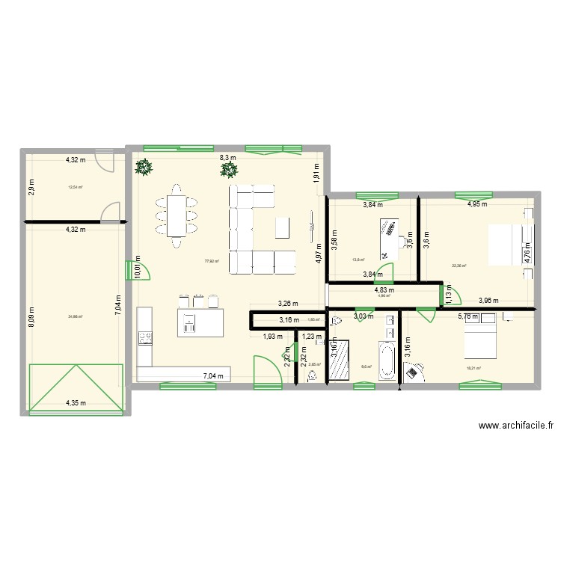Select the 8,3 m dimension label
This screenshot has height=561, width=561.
(227, 157)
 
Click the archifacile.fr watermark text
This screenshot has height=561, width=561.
(516, 426)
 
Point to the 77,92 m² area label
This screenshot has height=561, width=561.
(212, 261)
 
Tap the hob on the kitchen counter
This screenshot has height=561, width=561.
(143, 337)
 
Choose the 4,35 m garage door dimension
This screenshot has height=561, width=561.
(75, 403)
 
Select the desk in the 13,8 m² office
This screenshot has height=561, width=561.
(390, 232)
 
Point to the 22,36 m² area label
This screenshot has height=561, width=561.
(459, 265)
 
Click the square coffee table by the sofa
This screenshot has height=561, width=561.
(282, 227)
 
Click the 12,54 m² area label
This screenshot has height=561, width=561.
(76, 188)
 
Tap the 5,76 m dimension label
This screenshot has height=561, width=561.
(469, 316)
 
